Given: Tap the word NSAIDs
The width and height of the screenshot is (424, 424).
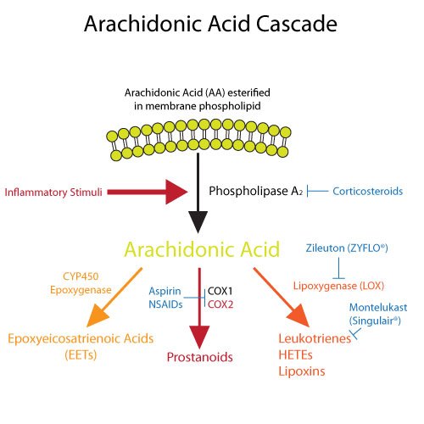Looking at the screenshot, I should (x=166, y=304).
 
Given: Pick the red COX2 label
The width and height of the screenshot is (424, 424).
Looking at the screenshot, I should (x=222, y=304).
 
